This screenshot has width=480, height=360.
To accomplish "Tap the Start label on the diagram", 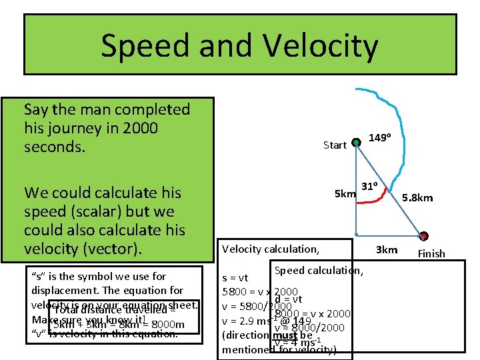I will pyautogui.click(x=335, y=145).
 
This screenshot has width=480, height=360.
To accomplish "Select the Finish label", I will pyautogui.click(x=431, y=253).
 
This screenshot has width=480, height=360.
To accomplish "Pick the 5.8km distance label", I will pyautogui.click(x=417, y=197).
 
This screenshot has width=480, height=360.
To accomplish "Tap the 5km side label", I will pyautogui.click(x=345, y=194).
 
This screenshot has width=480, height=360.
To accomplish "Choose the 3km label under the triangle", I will pyautogui.click(x=387, y=249).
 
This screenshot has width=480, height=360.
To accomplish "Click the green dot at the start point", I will pyautogui.click(x=356, y=141).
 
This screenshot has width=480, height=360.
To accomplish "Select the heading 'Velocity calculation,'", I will pyautogui.click(x=271, y=249).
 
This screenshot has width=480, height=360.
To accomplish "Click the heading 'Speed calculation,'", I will pyautogui.click(x=319, y=270).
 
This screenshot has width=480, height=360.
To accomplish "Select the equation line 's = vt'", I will pyautogui.click(x=235, y=278).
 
